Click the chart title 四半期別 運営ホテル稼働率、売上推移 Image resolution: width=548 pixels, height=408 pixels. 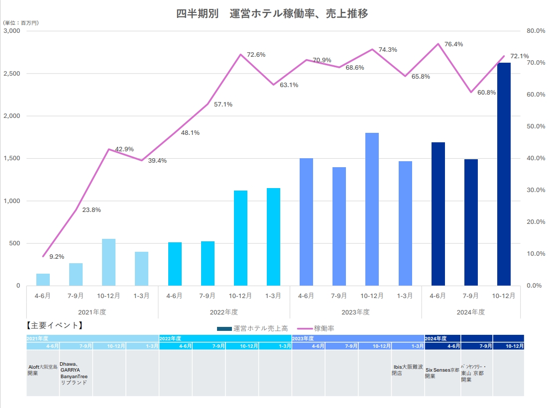click(x=272, y=14)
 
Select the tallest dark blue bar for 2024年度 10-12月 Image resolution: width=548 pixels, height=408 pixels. click(x=504, y=174)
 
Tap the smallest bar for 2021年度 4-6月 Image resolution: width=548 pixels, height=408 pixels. click(x=43, y=280)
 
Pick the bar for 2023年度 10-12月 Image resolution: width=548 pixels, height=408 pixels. click(x=372, y=209)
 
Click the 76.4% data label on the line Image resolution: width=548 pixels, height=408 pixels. click(x=453, y=44)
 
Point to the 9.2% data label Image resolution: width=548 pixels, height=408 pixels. click(x=56, y=257)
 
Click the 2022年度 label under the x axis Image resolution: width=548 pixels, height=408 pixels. click(x=224, y=312)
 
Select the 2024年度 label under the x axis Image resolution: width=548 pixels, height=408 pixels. click(x=470, y=312)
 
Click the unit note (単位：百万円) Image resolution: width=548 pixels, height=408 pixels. click(x=21, y=23)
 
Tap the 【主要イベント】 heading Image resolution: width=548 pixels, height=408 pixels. click(x=53, y=326)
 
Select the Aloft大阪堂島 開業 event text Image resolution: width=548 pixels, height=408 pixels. click(x=42, y=370)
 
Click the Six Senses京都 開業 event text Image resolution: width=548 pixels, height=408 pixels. click(x=442, y=373)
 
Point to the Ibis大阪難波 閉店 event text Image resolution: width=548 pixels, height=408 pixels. click(x=407, y=370)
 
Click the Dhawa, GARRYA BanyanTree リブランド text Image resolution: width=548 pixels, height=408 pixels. click(x=74, y=373)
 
